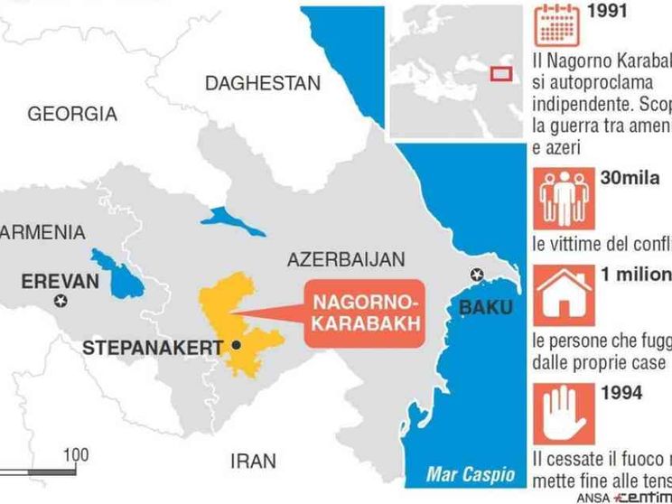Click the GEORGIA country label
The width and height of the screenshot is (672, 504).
pyautogui.click(x=72, y=115)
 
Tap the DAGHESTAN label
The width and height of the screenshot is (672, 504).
pyautogui.click(x=263, y=83)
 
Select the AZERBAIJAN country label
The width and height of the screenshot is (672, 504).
pyautogui.click(x=346, y=260)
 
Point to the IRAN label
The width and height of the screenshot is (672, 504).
pyautogui.click(x=253, y=462)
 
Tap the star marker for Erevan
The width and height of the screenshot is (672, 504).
pyautogui.click(x=61, y=301)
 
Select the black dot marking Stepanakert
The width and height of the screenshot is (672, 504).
pyautogui.click(x=236, y=345)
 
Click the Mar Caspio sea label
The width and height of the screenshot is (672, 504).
pyautogui.click(x=471, y=473)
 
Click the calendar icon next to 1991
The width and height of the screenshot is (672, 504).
pyautogui.click(x=555, y=26)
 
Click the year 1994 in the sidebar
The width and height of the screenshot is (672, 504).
pyautogui.click(x=621, y=392)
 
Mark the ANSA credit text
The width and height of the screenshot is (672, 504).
pyautogui.click(x=593, y=497)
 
